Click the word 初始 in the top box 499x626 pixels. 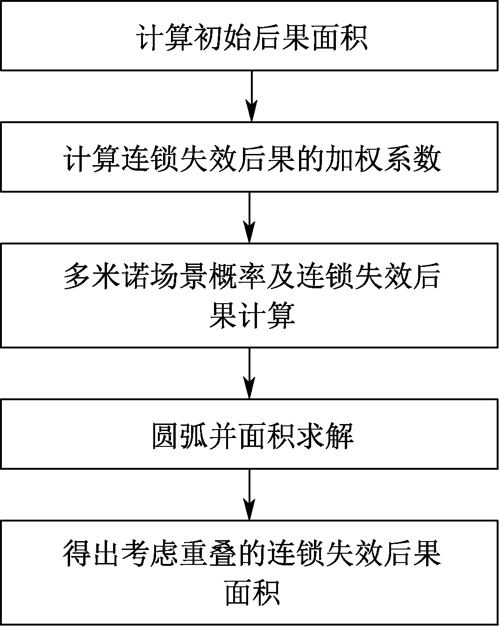[222, 38]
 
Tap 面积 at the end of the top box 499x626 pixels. [339, 38]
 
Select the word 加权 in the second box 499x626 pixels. [354, 159]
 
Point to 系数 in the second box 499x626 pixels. [412, 159]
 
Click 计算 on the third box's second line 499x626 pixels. [266, 316]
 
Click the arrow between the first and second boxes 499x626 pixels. [251, 96]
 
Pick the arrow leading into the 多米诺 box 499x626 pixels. [249, 217]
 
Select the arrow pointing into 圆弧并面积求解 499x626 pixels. [249, 373]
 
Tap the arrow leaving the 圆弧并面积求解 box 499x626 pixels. [249, 494]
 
